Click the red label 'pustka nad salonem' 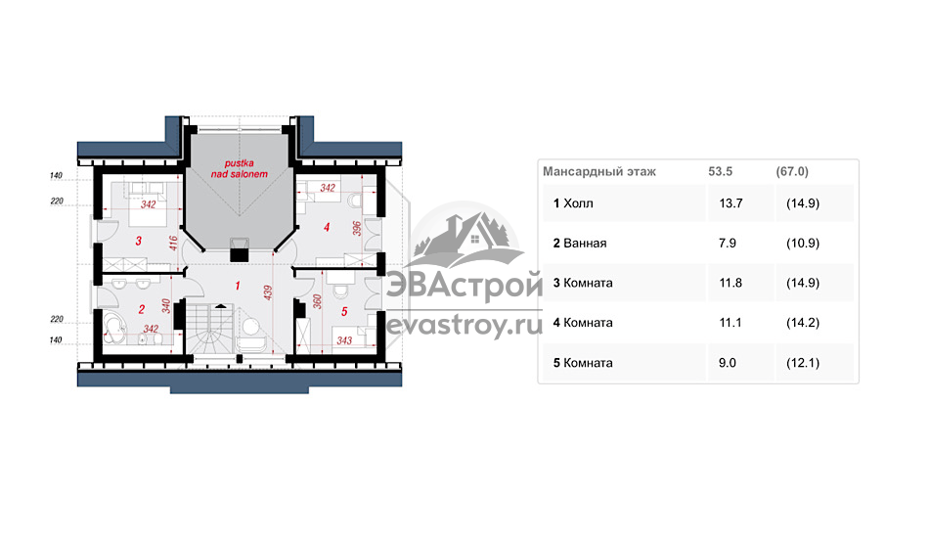(240, 169)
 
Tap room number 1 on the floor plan (238, 287)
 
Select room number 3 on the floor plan (138, 242)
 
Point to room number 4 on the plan (327, 227)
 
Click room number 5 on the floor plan (344, 312)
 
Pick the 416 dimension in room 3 (173, 243)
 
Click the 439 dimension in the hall (268, 292)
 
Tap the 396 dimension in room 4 (357, 229)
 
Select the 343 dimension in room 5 (344, 340)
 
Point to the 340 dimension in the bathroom (166, 306)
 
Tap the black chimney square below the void (239, 254)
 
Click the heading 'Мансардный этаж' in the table (599, 172)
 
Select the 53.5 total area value (721, 172)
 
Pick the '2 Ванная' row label (580, 243)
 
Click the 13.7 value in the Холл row (730, 203)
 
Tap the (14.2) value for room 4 (803, 323)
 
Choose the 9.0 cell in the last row (728, 363)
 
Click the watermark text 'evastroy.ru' (464, 326)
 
